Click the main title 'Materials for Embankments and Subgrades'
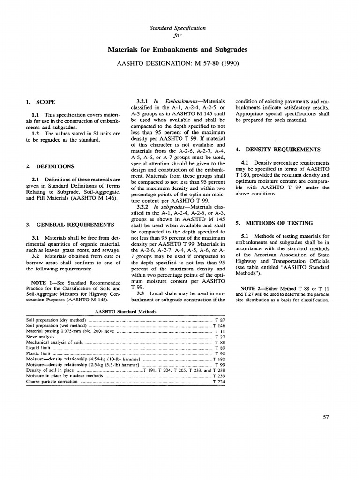(178, 49)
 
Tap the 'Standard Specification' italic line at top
(178, 28)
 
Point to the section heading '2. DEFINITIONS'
(49, 166)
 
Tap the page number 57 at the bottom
(327, 417)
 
